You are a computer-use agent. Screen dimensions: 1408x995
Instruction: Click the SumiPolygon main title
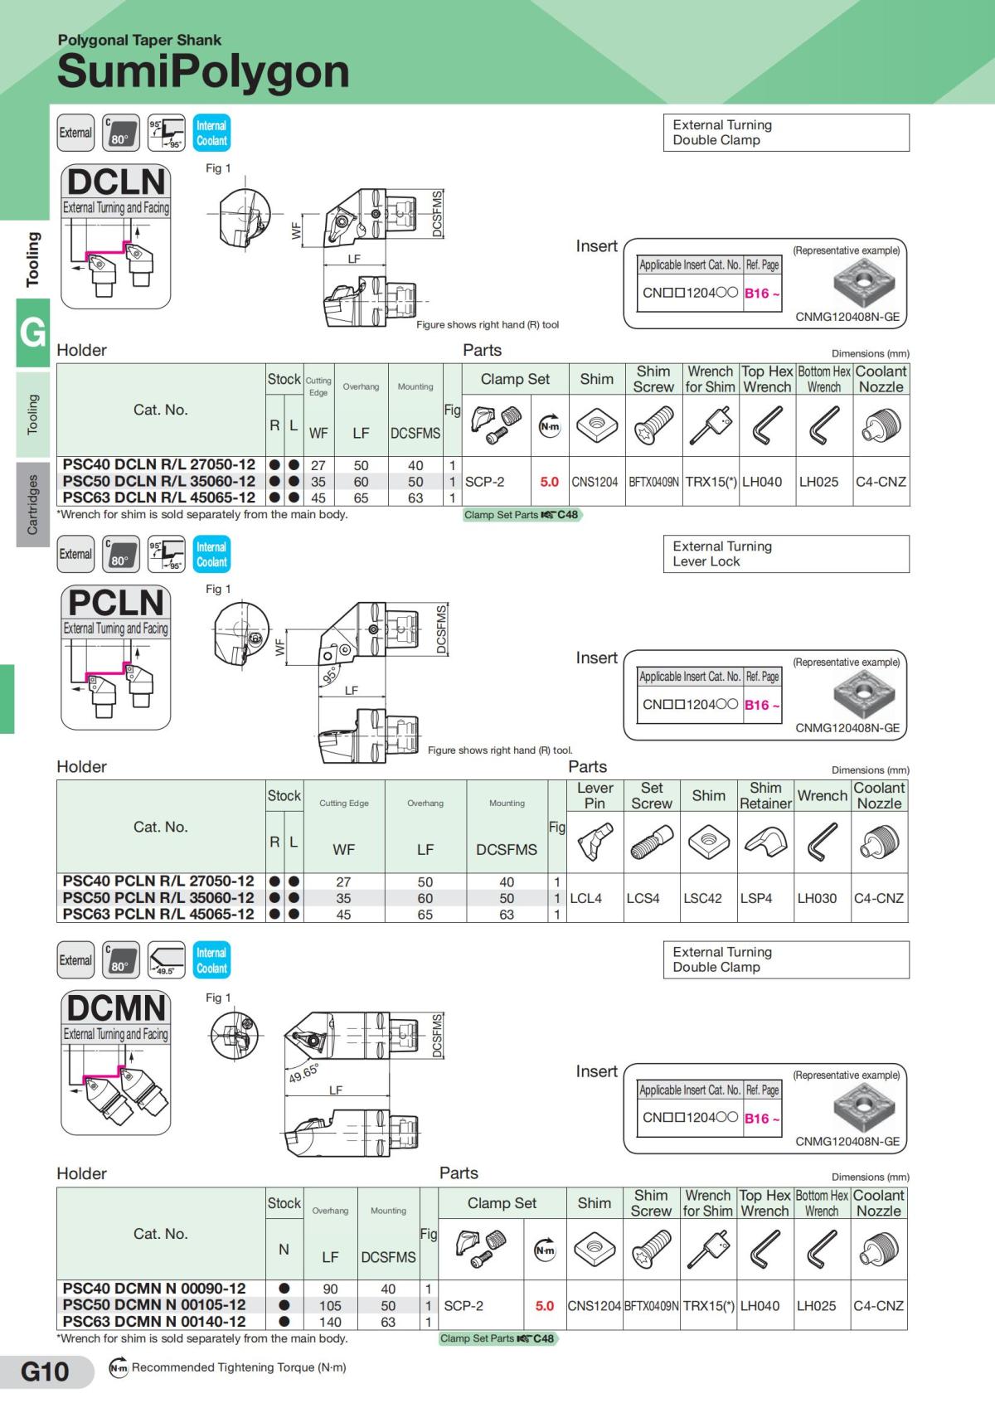(203, 71)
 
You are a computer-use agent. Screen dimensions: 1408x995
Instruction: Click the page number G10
(45, 1372)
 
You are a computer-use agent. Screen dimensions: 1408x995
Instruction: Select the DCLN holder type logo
(116, 182)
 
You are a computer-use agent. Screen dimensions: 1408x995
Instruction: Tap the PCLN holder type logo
(116, 603)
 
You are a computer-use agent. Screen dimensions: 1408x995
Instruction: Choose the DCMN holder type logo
(116, 1008)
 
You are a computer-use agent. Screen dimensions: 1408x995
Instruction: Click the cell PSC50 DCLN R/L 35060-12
(159, 481)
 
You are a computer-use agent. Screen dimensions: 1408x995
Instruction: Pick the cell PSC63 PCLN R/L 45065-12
(159, 914)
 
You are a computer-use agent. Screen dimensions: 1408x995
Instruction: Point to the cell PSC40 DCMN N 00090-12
(155, 1289)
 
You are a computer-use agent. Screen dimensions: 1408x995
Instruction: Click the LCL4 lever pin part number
(586, 898)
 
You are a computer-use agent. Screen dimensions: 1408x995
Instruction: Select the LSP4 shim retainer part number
(756, 898)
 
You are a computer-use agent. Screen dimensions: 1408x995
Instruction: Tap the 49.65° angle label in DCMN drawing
(303, 1073)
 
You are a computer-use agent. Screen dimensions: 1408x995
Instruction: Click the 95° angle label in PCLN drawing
(331, 676)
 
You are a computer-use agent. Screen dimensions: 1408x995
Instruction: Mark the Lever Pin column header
(595, 795)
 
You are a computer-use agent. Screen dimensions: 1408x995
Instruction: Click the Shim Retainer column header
(765, 795)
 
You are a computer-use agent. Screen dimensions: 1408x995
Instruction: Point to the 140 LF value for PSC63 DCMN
(330, 1322)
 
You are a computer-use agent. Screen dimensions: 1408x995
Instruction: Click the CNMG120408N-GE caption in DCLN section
(847, 317)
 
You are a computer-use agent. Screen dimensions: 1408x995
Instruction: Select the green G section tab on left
(32, 332)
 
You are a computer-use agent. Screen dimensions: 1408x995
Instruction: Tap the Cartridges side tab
(32, 504)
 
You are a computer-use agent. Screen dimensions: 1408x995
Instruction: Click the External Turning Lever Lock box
(785, 554)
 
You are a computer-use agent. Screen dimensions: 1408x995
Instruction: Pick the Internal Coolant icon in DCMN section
(211, 960)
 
